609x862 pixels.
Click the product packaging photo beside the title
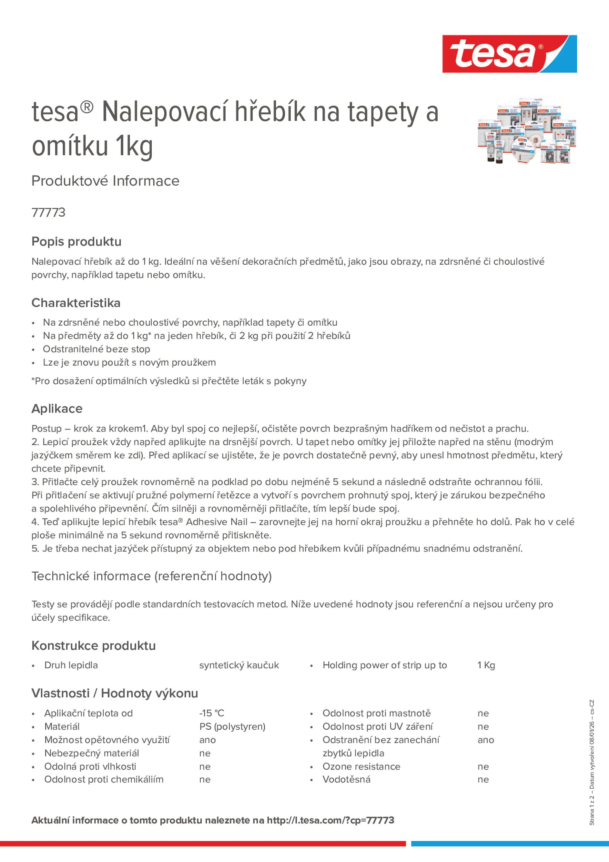click(x=526, y=131)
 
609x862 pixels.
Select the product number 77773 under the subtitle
click(x=48, y=212)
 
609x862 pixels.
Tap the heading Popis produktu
click(x=76, y=241)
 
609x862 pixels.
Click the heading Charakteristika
click(x=76, y=303)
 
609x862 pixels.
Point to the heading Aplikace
click(x=57, y=409)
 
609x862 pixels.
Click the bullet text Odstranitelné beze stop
click(x=96, y=349)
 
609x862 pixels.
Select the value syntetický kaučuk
click(x=239, y=665)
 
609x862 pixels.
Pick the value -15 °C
click(x=211, y=713)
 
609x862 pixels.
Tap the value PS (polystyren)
click(x=232, y=726)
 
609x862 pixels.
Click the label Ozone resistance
click(x=361, y=766)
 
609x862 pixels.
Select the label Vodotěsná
click(x=346, y=779)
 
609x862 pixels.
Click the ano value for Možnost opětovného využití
click(x=207, y=740)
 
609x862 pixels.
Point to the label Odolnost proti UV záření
click(x=377, y=726)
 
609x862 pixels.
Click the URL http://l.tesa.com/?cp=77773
click(x=330, y=820)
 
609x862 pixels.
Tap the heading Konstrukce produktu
click(x=94, y=645)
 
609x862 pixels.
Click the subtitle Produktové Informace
click(x=105, y=181)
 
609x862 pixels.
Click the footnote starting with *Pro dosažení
click(x=169, y=381)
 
